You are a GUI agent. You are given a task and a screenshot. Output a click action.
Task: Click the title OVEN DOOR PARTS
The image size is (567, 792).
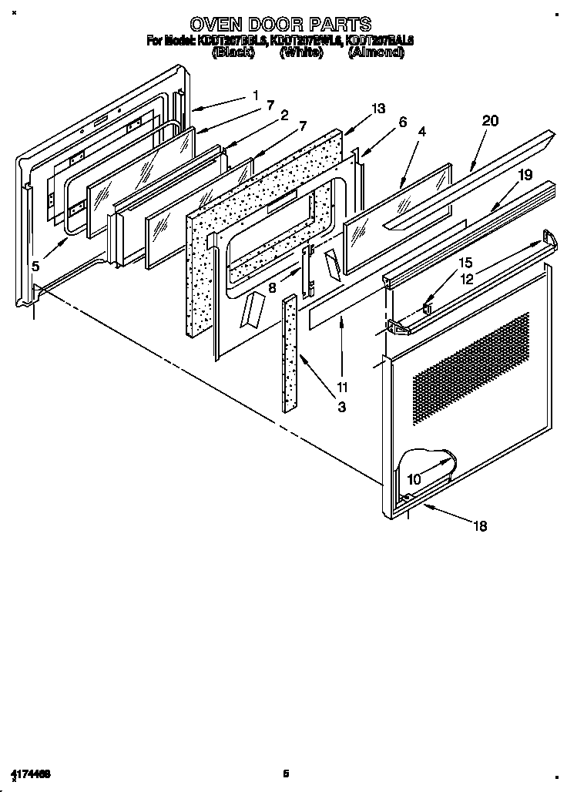280,24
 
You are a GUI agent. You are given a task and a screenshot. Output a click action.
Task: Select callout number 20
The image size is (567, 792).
490,121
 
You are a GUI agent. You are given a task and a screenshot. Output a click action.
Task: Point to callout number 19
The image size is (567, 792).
525,175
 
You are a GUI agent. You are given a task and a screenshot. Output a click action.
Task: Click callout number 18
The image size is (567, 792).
479,526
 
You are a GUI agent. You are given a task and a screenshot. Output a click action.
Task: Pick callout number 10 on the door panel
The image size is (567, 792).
414,478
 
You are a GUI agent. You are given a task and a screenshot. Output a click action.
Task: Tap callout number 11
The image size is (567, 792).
341,387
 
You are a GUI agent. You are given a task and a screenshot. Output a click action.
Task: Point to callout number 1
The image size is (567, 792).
255,96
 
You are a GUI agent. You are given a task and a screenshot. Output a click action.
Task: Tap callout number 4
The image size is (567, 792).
422,132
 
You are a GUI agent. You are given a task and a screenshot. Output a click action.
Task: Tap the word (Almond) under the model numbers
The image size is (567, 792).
375,52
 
